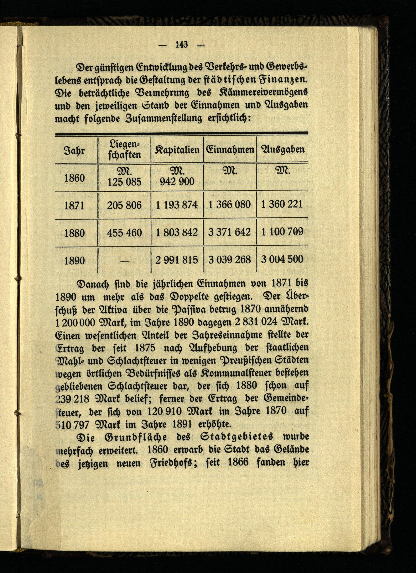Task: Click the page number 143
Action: pyautogui.click(x=182, y=45)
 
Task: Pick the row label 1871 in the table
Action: pyautogui.click(x=74, y=205)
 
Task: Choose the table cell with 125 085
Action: pyautogui.click(x=124, y=182)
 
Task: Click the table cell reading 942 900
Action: pyautogui.click(x=177, y=181)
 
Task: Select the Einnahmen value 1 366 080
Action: pyautogui.click(x=230, y=205)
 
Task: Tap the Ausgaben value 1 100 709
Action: pyautogui.click(x=282, y=232)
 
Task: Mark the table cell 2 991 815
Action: pyautogui.click(x=177, y=260)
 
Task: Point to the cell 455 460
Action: pyautogui.click(x=124, y=232)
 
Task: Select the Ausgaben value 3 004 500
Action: pyautogui.click(x=282, y=259)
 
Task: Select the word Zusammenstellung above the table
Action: pyautogui.click(x=163, y=118)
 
